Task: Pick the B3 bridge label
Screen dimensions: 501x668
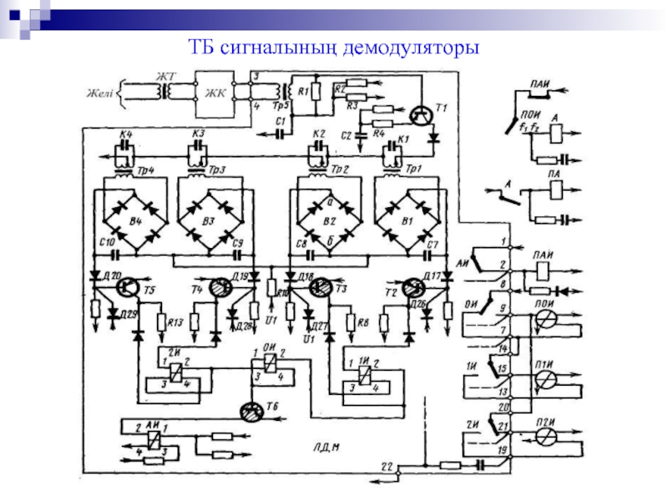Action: (209, 220)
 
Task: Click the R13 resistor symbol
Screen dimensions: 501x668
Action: (160, 321)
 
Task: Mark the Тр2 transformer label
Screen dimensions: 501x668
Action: (340, 170)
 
